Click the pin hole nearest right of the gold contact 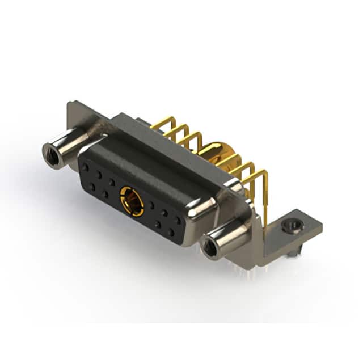point(151,205)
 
